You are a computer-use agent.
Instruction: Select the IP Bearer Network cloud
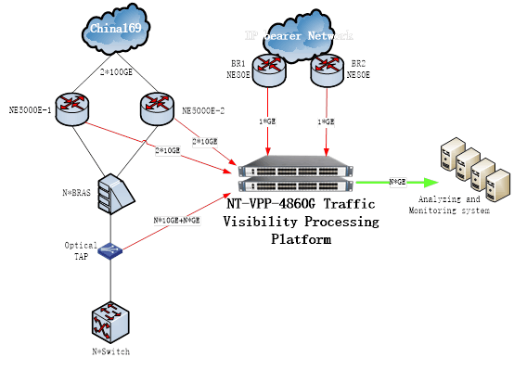pos(298,36)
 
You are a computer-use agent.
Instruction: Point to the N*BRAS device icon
pos(110,189)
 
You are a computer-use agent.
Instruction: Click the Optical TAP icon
pos(110,250)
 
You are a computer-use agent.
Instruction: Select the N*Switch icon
pos(109,320)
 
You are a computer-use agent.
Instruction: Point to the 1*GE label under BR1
pos(270,122)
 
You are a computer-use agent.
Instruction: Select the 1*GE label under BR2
pos(325,122)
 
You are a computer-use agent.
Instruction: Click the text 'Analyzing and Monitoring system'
pos(444,205)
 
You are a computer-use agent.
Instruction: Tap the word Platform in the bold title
pos(301,238)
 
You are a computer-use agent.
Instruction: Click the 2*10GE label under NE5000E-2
pos(204,141)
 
